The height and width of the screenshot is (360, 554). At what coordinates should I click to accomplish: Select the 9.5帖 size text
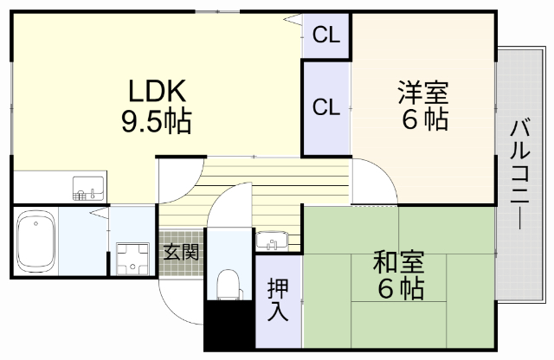coord(155,120)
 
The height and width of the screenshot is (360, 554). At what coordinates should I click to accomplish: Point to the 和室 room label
coord(400,260)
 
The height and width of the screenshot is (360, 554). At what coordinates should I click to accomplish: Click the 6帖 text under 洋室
coord(424,120)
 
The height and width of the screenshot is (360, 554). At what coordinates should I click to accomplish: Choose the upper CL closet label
coord(326,35)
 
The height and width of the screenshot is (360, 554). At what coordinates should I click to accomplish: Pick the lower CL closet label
coord(326,108)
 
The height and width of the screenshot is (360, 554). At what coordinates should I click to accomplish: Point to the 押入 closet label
coord(277,299)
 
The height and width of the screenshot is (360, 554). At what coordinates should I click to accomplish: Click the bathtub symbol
coord(35,241)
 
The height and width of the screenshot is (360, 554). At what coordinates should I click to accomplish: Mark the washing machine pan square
coord(132,257)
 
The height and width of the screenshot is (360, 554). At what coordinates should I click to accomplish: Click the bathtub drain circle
coord(35,223)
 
